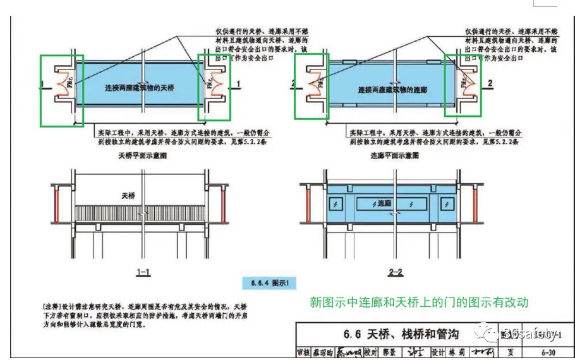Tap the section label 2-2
[x=396, y=273]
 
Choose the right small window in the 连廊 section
[x=448, y=204]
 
